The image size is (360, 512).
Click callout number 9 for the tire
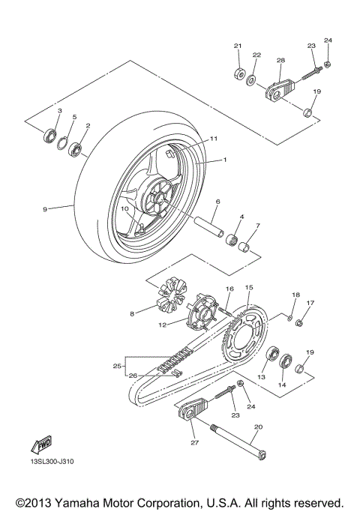tap(45, 209)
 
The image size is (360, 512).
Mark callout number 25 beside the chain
tap(116, 366)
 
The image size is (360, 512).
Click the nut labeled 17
tap(299, 323)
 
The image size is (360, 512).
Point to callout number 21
tap(238, 46)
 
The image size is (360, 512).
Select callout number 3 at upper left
tap(60, 111)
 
